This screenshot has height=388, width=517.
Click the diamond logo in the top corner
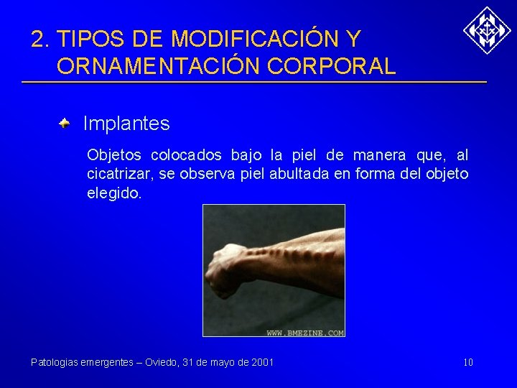click(x=487, y=30)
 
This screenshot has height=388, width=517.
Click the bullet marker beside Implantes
click(x=65, y=124)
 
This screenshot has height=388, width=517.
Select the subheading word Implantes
click(x=126, y=124)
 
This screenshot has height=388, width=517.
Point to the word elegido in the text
click(x=113, y=194)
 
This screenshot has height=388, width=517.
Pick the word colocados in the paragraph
click(x=185, y=155)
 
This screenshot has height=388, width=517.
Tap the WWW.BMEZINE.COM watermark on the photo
click(x=305, y=333)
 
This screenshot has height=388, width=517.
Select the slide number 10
click(x=467, y=362)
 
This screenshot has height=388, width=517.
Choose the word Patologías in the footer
click(x=53, y=362)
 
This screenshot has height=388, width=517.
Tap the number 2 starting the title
click(x=37, y=38)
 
